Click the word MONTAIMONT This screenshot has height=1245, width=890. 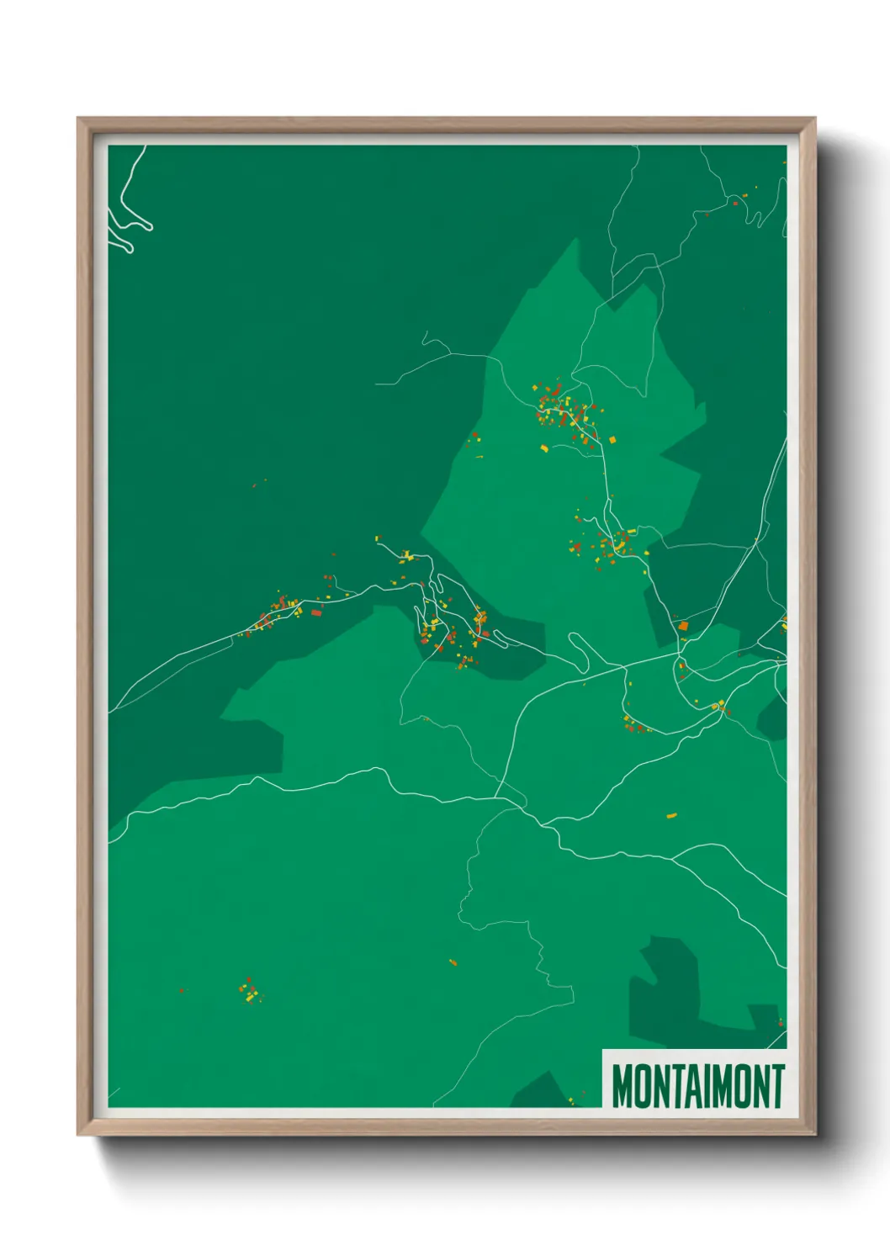[x=697, y=1086]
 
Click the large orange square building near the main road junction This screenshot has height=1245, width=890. [x=684, y=626]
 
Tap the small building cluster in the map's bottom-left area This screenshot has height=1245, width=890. [x=249, y=991]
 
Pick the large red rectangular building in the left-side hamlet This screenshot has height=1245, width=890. [x=316, y=612]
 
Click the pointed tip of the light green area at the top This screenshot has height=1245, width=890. [x=577, y=241]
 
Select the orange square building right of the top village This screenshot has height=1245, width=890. [x=612, y=439]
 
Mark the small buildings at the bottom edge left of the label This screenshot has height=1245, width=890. [x=572, y=1099]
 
